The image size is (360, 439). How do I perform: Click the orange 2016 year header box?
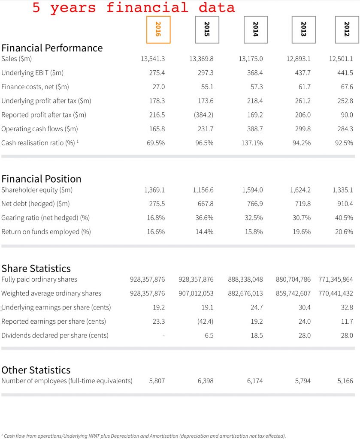(158, 30)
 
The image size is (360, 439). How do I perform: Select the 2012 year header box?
(347, 30)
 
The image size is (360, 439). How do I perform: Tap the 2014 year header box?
(256, 30)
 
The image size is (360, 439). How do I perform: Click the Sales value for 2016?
(153, 59)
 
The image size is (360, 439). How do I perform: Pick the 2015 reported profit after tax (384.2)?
(203, 115)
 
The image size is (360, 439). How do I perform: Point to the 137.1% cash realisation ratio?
(252, 143)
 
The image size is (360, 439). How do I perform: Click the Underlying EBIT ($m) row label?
(33, 73)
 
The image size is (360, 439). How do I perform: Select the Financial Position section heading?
(42, 179)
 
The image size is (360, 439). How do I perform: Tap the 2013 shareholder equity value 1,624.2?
(300, 190)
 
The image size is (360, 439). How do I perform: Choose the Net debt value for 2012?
(345, 204)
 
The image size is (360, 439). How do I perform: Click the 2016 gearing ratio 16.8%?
(156, 218)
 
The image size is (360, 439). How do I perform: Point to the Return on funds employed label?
(46, 232)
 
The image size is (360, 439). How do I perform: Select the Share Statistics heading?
(36, 268)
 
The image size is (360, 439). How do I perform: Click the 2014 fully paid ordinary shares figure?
(245, 280)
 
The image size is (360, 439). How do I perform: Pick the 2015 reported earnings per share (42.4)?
(205, 322)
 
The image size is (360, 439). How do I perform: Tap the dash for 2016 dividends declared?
(163, 335)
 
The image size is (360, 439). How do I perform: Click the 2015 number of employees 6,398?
(206, 381)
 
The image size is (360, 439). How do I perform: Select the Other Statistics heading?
(36, 370)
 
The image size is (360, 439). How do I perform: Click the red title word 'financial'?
(147, 8)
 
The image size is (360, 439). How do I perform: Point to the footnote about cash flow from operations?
(143, 436)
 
